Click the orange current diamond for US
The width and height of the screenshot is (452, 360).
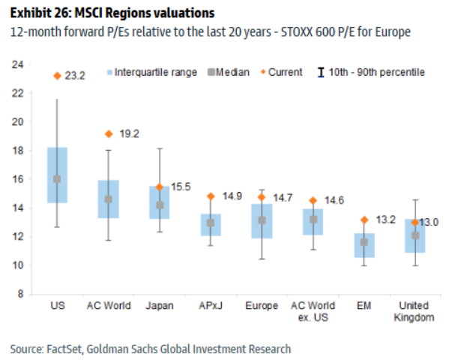tap(57, 76)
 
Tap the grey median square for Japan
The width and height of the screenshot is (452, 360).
tap(160, 205)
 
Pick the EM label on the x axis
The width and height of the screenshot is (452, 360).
tap(364, 306)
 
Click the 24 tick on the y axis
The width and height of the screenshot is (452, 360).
tap(16, 64)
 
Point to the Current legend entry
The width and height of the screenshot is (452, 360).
tap(284, 72)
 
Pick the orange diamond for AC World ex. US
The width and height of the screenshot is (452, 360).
tap(313, 200)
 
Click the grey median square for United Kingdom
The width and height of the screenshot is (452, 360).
tap(415, 235)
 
